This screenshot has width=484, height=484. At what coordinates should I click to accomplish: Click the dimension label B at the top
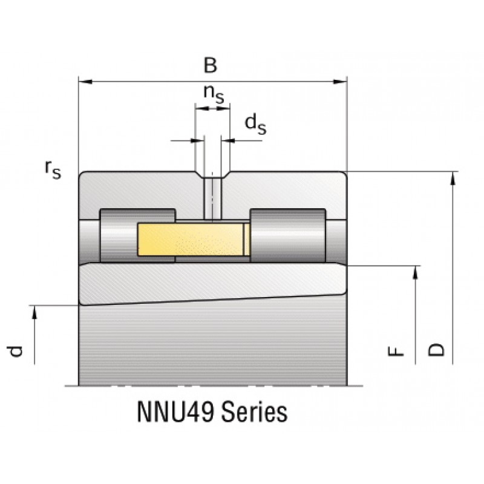coord(209,65)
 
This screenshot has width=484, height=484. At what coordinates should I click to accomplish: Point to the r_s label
coord(53,169)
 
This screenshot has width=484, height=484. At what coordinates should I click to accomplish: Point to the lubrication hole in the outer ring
coord(212,197)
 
